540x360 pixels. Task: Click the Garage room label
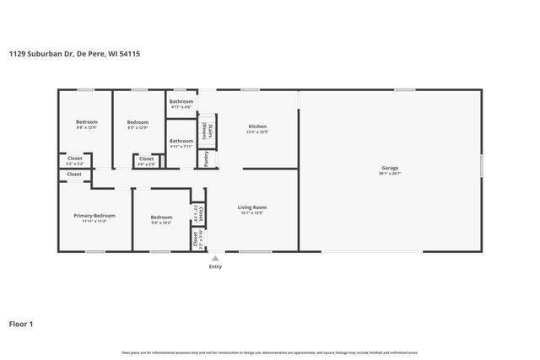pyautogui.click(x=389, y=168)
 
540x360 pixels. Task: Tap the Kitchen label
pyautogui.click(x=256, y=126)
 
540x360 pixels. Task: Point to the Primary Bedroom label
pyautogui.click(x=94, y=216)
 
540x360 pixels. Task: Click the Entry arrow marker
pyautogui.click(x=215, y=258)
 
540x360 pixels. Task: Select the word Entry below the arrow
pyautogui.click(x=215, y=266)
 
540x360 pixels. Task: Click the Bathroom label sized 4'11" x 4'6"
pyautogui.click(x=181, y=101)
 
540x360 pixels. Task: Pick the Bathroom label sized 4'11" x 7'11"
pyautogui.click(x=181, y=141)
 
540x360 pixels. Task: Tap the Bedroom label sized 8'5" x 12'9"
pyautogui.click(x=137, y=121)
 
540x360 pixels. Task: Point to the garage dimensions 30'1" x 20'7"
pyautogui.click(x=389, y=174)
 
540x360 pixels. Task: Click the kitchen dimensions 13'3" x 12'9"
pyautogui.click(x=256, y=132)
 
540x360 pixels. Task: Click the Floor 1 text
pyautogui.click(x=22, y=323)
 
